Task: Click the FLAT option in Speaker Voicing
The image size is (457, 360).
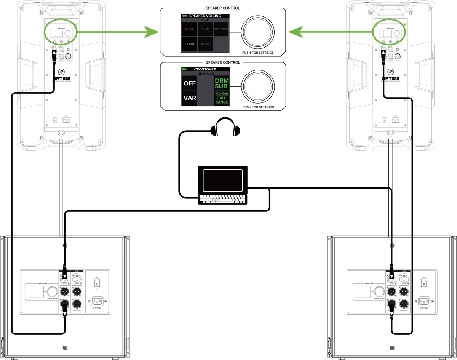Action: [190, 29]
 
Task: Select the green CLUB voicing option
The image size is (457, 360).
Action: [190, 44]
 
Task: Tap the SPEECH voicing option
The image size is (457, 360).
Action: [221, 29]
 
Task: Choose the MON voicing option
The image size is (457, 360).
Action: [205, 44]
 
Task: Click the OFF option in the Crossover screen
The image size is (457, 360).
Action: [190, 83]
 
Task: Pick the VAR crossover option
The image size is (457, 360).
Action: [190, 98]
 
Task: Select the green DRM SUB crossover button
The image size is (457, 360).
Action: [221, 83]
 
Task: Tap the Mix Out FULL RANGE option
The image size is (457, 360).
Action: [221, 98]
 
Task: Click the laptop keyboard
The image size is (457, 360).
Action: [224, 199]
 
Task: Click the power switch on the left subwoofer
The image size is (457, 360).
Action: [97, 283]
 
